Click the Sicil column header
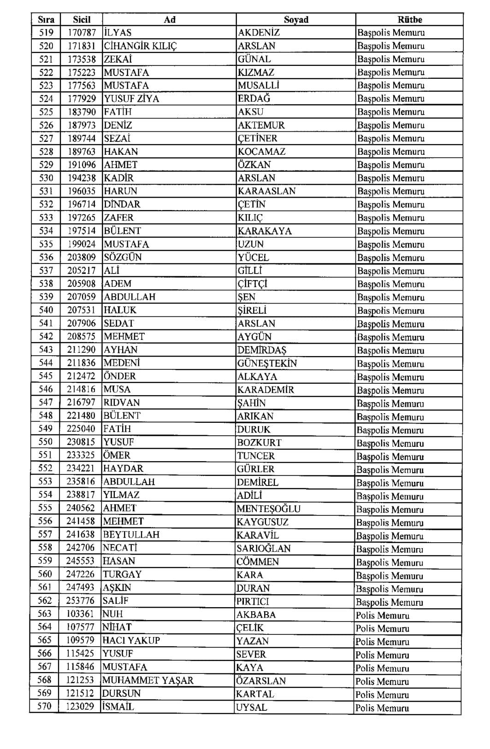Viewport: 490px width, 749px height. coord(82,19)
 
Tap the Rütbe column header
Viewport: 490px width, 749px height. coord(409,19)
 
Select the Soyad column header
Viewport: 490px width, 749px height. coord(296,19)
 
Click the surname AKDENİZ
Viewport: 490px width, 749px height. coord(259,33)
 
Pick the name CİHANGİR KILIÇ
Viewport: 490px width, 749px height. coord(140,46)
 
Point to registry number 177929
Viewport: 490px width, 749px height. coord(82,99)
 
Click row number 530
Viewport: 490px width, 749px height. coord(46,178)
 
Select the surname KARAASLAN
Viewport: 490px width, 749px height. coord(266,191)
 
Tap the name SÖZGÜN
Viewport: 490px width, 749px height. coord(123,257)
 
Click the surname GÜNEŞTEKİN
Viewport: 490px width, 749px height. coord(267,363)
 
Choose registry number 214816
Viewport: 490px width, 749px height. coord(81,390)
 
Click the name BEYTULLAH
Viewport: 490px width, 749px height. coord(131,535)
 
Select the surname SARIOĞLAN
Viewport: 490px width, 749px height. coord(264,548)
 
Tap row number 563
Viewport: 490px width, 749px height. coord(45,614)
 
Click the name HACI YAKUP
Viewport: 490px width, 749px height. coord(131,641)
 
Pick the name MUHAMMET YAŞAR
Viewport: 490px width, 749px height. coord(148,680)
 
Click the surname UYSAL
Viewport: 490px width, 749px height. coord(251,707)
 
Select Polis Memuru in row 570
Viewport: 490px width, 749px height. coord(382,708)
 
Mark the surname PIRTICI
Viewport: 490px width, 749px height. coord(253,601)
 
